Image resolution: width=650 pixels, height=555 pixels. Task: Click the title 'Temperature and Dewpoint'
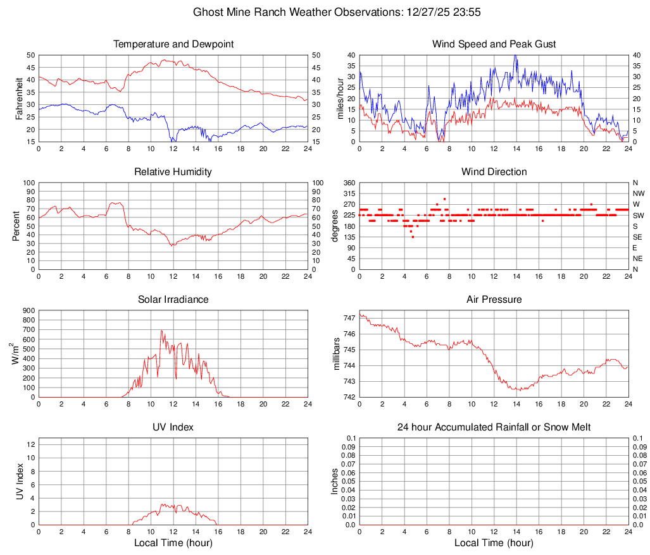173,44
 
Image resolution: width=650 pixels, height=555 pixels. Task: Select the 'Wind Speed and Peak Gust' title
494,44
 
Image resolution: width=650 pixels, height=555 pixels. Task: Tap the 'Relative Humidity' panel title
173,172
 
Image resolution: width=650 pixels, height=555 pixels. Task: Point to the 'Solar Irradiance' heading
173,300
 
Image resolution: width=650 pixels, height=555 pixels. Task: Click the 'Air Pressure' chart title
494,300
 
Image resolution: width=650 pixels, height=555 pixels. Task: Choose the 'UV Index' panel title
173,427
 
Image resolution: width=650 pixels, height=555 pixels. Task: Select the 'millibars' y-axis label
337,354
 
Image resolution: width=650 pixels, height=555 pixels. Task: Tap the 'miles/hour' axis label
340,98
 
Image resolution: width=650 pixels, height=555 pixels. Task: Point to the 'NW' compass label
638,193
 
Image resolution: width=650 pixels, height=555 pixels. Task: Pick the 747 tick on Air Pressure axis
349,318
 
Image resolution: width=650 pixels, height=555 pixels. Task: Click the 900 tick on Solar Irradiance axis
28,310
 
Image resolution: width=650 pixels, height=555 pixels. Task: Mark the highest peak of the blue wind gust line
515,55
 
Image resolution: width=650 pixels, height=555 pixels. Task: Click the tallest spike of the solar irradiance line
161,330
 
